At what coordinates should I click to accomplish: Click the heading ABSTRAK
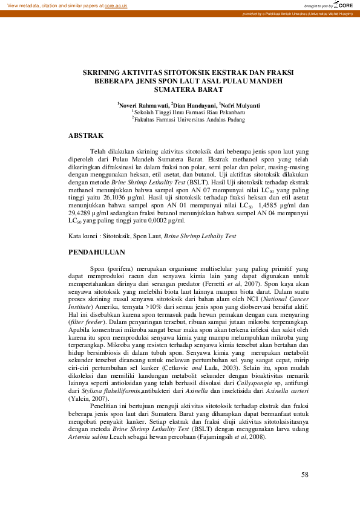click(x=86, y=135)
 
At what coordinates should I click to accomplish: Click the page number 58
click(x=305, y=474)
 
